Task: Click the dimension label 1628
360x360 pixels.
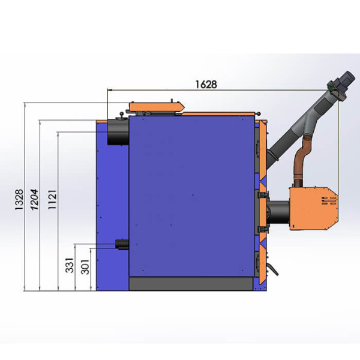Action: (x=206, y=85)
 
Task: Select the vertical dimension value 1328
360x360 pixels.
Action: (x=19, y=199)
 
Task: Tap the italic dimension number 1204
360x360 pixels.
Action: (x=34, y=200)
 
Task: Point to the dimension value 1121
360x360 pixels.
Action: (x=52, y=199)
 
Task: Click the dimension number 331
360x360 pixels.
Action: (x=70, y=265)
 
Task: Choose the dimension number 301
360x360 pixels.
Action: (x=85, y=267)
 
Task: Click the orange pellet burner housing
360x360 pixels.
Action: (x=314, y=208)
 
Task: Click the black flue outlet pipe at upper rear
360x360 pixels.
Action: (x=118, y=132)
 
